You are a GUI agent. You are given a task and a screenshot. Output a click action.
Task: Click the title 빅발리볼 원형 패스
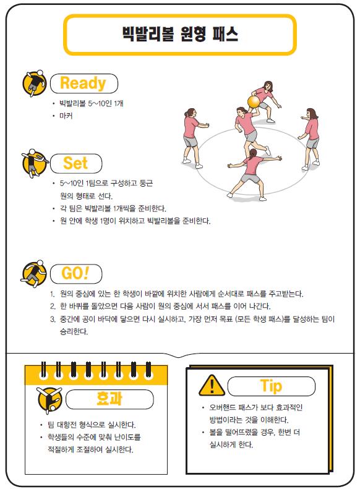click(x=181, y=34)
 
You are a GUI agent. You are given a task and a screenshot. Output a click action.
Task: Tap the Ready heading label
click(x=83, y=83)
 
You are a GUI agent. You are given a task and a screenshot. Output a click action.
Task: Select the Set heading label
click(x=75, y=163)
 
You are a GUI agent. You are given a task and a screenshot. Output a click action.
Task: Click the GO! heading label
click(x=75, y=273)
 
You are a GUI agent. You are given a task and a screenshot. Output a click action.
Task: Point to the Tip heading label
click(x=271, y=386)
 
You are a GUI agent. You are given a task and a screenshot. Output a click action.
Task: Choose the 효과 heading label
click(x=109, y=399)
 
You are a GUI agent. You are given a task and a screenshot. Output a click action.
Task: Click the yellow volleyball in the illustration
click(x=254, y=101)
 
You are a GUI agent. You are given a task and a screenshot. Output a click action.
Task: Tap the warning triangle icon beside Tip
click(x=212, y=385)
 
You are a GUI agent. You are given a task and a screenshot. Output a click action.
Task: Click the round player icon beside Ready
click(x=34, y=83)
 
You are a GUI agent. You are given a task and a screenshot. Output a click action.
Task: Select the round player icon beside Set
click(x=34, y=163)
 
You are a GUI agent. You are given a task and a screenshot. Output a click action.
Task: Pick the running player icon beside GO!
click(x=33, y=274)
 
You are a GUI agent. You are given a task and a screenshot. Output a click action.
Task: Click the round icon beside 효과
click(x=49, y=400)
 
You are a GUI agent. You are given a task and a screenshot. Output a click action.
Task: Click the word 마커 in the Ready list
click(x=66, y=116)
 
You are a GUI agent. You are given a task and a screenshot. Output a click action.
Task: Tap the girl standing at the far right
click(x=310, y=139)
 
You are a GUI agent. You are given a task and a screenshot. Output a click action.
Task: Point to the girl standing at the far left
click(x=193, y=138)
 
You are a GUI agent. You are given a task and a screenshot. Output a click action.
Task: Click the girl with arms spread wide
click(x=254, y=174)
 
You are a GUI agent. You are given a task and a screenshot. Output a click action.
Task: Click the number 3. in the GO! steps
click(x=53, y=320)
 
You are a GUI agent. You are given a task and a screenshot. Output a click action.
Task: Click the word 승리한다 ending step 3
click(x=74, y=331)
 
